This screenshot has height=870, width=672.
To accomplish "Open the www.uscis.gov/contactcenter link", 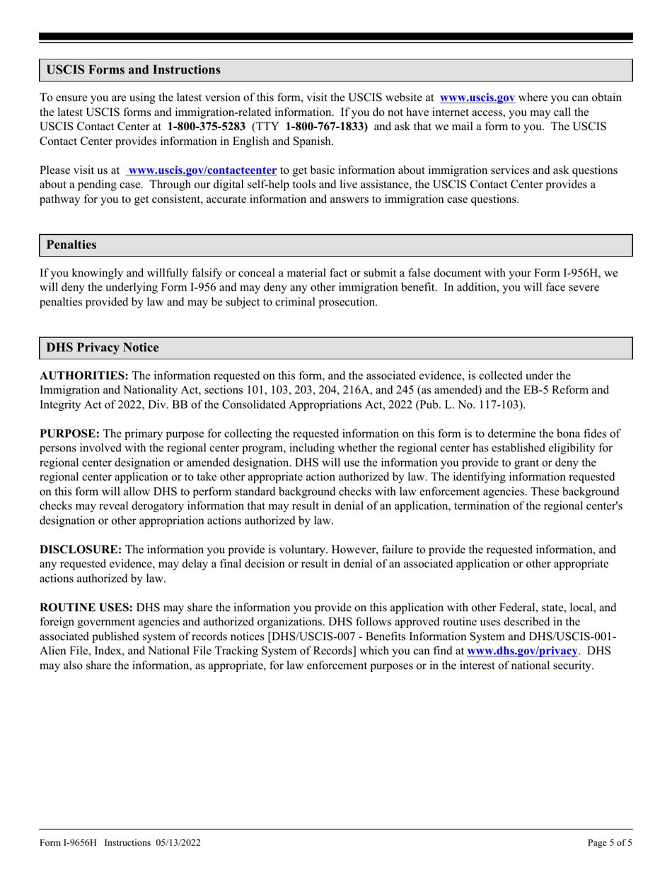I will point(202,170).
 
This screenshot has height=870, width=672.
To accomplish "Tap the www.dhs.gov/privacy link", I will point(522,651).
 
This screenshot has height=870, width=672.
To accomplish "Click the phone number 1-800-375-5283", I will point(207,127).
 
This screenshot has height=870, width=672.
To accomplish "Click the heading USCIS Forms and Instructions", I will point(133,70).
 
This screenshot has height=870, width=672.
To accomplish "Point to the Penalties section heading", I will point(71,245).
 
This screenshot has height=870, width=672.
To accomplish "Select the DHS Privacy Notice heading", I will point(103,348).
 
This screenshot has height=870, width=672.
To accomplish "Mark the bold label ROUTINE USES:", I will point(86,608).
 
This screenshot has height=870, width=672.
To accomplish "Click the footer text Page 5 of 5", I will point(610,842).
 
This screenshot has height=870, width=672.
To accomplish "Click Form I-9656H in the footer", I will point(68,842).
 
